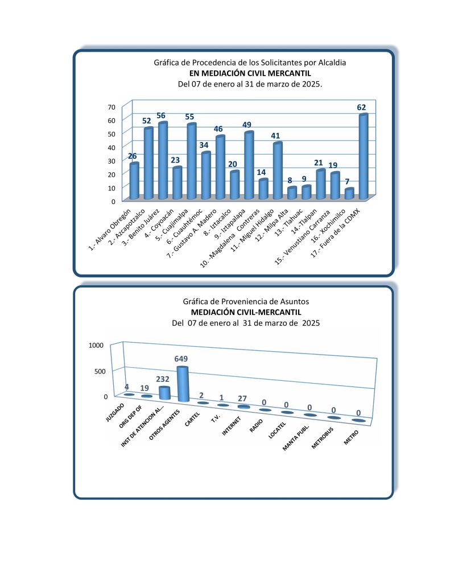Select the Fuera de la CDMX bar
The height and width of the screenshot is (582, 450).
pyautogui.click(x=364, y=157)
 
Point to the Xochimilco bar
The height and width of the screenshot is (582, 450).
pyautogui.click(x=349, y=194)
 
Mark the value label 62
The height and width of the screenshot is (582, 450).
pyautogui.click(x=362, y=107)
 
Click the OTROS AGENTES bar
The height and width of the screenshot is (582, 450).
pyautogui.click(x=182, y=384)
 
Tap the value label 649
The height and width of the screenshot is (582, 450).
pyautogui.click(x=181, y=359)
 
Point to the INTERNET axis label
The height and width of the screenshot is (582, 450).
pyautogui.click(x=232, y=425)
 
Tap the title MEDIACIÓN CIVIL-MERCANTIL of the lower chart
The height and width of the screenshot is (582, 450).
pyautogui.click(x=246, y=312)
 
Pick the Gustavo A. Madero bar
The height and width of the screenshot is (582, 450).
pyautogui.click(x=220, y=168)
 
